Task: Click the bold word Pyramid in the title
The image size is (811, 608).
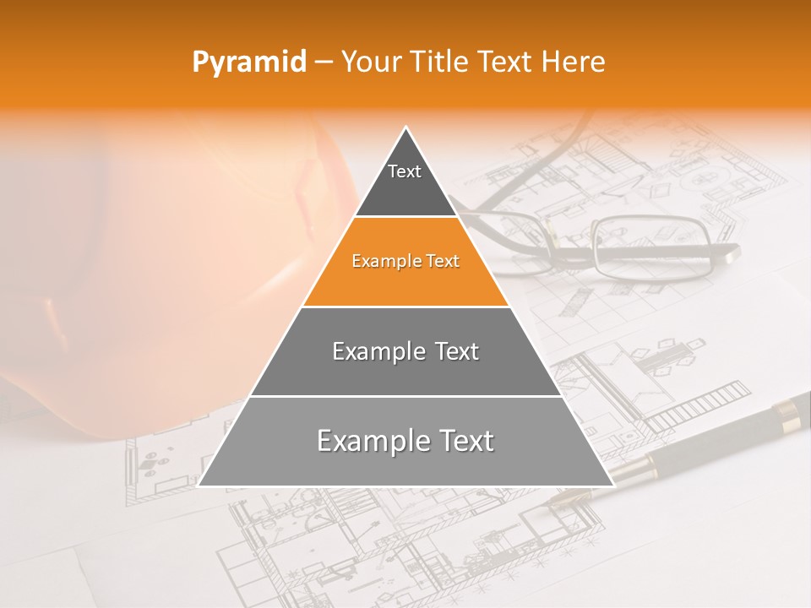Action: (x=248, y=62)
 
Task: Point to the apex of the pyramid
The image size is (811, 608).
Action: (x=406, y=128)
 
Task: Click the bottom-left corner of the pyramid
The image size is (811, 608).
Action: (x=199, y=486)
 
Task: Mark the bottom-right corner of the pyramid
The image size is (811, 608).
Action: (x=612, y=486)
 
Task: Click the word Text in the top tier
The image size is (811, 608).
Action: (x=405, y=171)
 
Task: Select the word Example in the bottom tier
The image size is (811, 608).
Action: (x=365, y=441)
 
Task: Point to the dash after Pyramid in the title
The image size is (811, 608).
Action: (x=324, y=62)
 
